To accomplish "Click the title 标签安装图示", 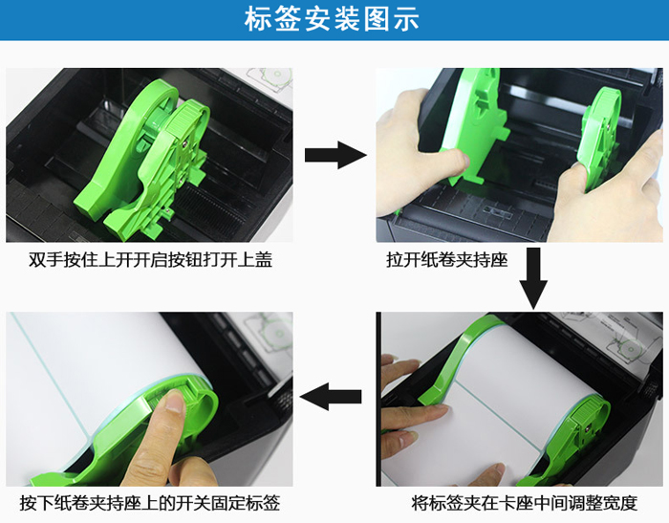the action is pos(332,19).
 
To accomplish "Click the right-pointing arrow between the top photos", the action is pos(335,155).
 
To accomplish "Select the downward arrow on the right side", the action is pos(533,278).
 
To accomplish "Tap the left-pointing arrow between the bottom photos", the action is pos(331,397).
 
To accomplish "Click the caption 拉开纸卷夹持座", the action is pos(447,259).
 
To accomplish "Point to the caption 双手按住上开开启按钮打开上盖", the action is pos(150,259).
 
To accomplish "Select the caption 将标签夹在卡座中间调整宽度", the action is pos(525,503).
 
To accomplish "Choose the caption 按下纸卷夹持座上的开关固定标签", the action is pos(150,503).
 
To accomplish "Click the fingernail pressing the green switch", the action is pos(175,401).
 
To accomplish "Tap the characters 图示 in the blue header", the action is pos(391,19).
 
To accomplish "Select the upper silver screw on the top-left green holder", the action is pos(184,144).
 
